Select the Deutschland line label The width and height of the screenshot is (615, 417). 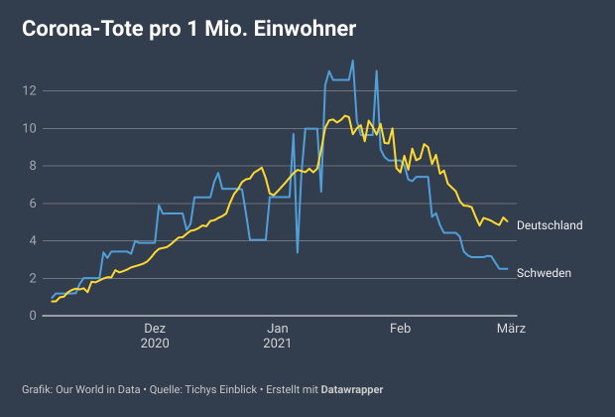550,225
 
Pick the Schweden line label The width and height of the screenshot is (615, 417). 544,273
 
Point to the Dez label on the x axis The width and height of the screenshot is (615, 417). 155,329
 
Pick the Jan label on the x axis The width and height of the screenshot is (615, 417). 279,329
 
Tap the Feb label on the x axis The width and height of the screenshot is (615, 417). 400,329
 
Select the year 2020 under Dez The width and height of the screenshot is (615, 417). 155,344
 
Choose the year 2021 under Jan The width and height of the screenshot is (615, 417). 279,344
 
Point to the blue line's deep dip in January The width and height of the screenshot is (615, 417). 298,251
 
